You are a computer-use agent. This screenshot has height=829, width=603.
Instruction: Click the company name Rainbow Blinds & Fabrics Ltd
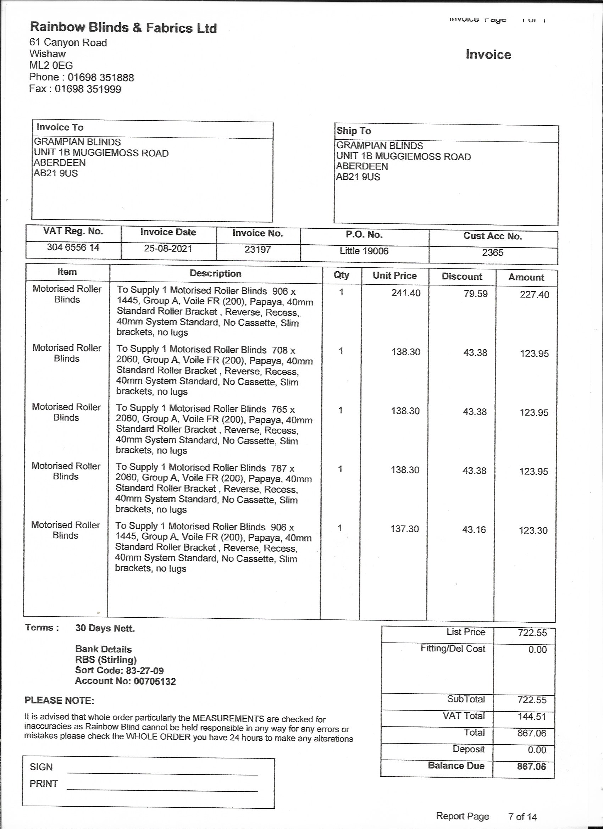click(123, 27)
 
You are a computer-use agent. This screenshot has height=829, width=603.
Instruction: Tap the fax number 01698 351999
click(88, 89)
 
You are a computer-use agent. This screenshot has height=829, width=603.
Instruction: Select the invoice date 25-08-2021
click(168, 249)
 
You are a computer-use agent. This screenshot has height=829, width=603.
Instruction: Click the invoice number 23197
click(258, 250)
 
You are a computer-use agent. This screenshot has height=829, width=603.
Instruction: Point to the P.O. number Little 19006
click(364, 251)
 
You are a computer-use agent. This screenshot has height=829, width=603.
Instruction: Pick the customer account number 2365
click(493, 252)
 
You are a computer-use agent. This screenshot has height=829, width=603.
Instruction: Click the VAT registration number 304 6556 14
click(73, 247)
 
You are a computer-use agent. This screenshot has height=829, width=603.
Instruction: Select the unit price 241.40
click(406, 293)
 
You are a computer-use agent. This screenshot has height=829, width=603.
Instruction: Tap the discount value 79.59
click(475, 294)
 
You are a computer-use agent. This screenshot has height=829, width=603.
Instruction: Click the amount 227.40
click(534, 295)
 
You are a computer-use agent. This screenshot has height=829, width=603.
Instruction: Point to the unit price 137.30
click(404, 529)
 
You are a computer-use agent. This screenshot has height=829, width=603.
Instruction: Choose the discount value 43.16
click(474, 530)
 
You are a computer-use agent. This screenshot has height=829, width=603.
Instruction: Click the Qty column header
click(341, 275)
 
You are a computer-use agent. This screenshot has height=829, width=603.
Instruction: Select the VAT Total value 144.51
click(532, 716)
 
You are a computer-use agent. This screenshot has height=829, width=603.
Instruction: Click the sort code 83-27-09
click(145, 671)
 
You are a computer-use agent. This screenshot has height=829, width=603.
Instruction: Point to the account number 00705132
click(155, 681)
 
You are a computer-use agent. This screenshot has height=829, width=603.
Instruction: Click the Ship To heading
click(354, 131)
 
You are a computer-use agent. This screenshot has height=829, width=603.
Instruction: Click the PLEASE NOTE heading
click(59, 701)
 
